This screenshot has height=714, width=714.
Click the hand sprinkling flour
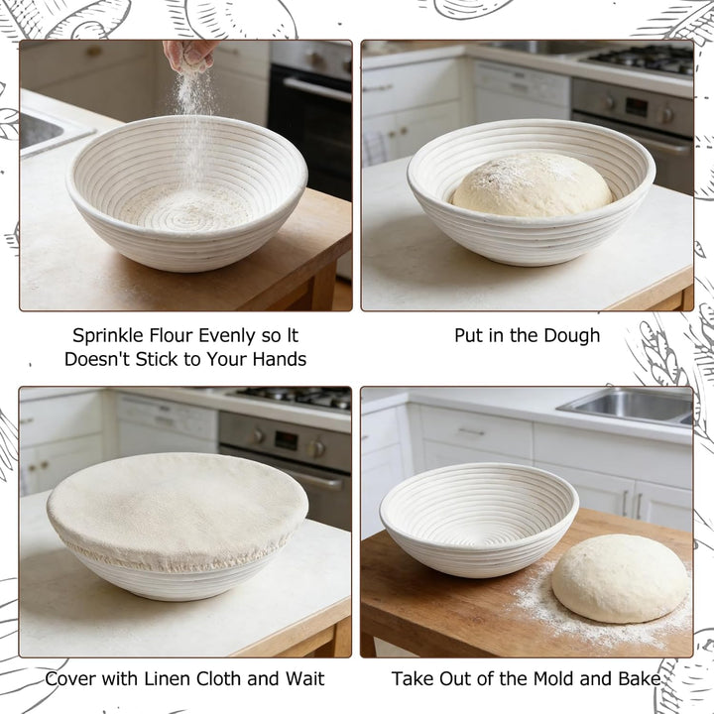point(190,55)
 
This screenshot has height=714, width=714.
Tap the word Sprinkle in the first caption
point(108,336)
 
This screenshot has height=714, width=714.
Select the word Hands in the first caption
point(280,359)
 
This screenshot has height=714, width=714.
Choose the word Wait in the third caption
point(305,678)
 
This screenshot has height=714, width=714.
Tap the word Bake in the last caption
point(640,678)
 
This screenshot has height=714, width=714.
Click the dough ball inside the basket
point(533,185)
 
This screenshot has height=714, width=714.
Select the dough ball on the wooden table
point(621,578)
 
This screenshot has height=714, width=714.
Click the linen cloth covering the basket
point(178,510)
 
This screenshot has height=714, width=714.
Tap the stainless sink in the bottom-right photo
point(629,407)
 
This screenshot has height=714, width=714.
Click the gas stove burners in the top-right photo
point(642,59)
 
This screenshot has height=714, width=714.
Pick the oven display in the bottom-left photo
point(287,440)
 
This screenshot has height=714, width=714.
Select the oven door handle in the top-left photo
point(317,89)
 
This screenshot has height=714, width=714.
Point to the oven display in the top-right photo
point(636,107)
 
